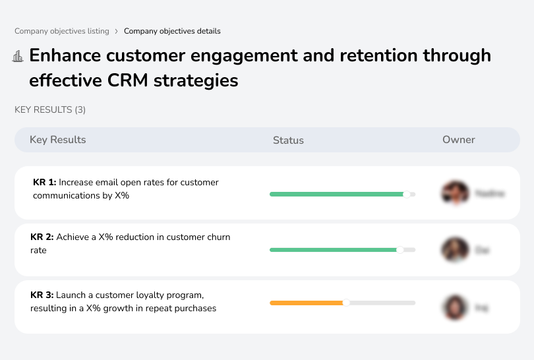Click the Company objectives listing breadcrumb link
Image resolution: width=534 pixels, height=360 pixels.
(63, 31)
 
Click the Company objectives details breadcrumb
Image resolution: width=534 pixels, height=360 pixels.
(172, 31)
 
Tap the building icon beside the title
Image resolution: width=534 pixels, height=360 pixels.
(18, 57)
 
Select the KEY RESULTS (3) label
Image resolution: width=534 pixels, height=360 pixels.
(50, 109)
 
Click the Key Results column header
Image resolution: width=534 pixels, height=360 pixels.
(57, 140)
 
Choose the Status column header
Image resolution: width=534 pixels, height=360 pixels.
(288, 140)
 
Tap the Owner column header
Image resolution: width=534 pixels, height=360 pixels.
(459, 140)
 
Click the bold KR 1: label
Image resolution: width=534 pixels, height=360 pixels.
(45, 182)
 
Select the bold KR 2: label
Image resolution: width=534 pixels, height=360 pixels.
(43, 237)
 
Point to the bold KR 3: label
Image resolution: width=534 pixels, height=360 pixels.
(43, 295)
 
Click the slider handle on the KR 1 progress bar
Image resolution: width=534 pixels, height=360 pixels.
(407, 195)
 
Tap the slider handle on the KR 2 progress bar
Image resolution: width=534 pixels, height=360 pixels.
(400, 250)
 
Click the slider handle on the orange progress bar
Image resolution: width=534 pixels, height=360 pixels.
(346, 303)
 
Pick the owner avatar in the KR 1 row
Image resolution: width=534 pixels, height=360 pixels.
(455, 193)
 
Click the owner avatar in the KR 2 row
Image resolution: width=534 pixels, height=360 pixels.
(455, 250)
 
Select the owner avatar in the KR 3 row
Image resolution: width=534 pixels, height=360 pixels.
(455, 307)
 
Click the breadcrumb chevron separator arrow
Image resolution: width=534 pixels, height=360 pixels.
(116, 31)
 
